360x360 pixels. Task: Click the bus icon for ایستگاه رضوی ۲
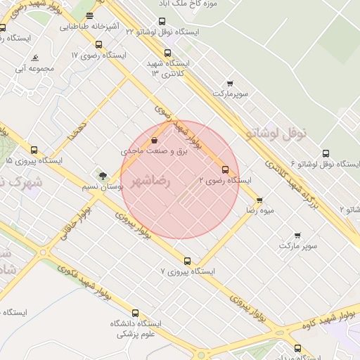coord(225,169)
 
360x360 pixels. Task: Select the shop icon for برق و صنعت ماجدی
coord(154,140)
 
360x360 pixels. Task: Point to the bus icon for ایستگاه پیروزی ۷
coord(187,261)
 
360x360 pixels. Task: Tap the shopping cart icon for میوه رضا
coord(259,200)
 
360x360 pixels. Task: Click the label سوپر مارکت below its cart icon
coord(297,246)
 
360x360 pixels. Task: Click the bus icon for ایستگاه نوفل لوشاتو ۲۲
coord(162,21)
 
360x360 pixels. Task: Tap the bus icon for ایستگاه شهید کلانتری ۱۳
coord(167,53)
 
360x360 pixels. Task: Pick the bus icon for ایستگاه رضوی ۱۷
coord(98,44)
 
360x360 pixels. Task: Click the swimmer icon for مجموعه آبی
coord(34,58)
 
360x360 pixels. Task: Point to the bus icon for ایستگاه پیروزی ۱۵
coord(34,150)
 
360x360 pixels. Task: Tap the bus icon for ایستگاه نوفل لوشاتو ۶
coord(325,153)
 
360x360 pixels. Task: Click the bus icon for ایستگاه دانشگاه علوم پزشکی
coord(136,314)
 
